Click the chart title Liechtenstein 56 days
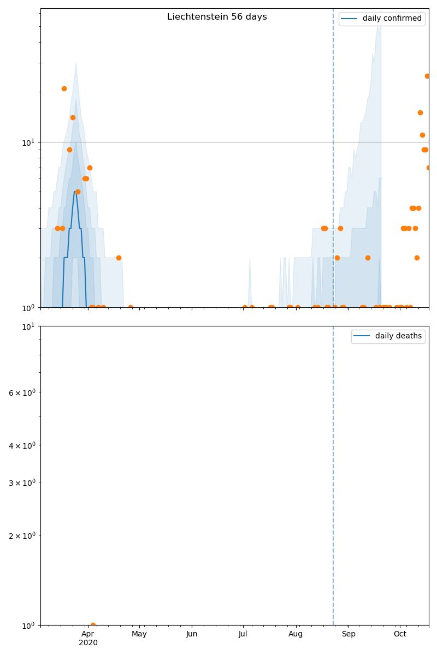point(217,17)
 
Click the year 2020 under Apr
point(88,643)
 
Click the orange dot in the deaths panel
point(93,625)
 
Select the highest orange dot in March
point(64,88)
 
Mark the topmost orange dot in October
point(427,76)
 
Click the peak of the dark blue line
point(75,192)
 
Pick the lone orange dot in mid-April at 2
point(119,258)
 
